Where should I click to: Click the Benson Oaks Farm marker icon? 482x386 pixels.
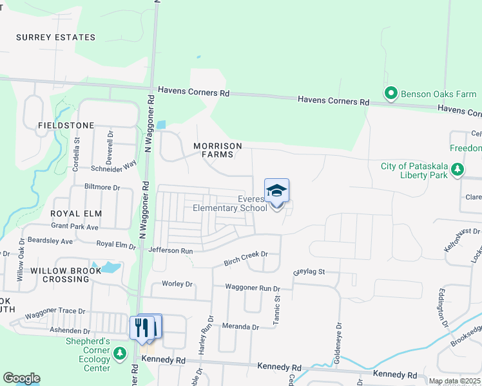390,94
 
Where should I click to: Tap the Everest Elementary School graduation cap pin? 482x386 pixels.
276,192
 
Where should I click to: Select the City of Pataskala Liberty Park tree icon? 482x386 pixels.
458,170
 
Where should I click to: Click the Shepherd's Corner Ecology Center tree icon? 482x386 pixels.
119,353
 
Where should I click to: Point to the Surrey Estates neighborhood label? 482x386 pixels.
56,37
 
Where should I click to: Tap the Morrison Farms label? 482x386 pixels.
218,151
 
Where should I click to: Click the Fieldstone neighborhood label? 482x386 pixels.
66,125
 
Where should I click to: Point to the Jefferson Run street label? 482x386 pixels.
171,250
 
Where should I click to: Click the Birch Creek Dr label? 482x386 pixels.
246,258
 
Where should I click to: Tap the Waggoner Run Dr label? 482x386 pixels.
253,288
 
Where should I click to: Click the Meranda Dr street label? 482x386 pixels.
240,326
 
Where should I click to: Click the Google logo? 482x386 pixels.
21,378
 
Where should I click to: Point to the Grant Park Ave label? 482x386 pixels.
75,227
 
